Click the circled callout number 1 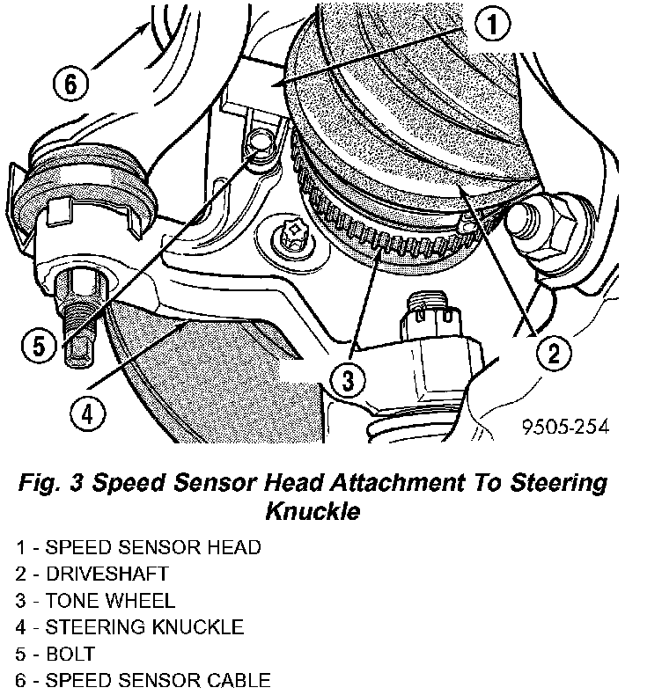[492, 24]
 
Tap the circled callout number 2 [554, 354]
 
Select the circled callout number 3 [348, 380]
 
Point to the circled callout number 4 [88, 415]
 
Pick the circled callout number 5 [40, 346]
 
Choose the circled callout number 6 [71, 83]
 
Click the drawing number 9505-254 [565, 427]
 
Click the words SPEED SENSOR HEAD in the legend [153, 547]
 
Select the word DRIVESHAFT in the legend [107, 574]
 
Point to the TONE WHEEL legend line [95, 601]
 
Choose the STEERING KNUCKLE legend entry [129, 627]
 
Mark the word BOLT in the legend [70, 654]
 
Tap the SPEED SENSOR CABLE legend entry [143, 680]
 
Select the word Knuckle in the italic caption [313, 510]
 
